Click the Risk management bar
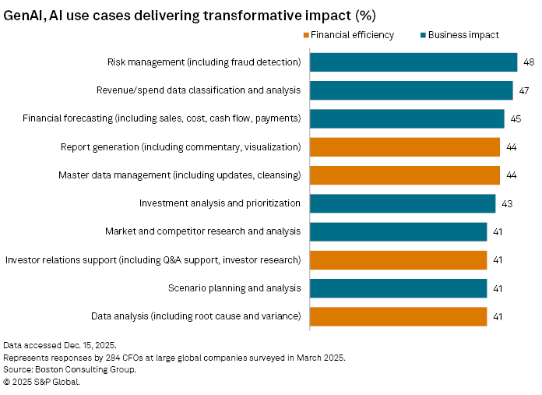pyautogui.click(x=414, y=62)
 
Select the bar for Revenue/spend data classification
pyautogui.click(x=411, y=90)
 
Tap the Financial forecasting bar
pyautogui.click(x=407, y=118)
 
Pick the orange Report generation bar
pyautogui.click(x=405, y=146)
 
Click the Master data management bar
pyautogui.click(x=405, y=175)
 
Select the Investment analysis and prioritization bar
pyautogui.click(x=403, y=203)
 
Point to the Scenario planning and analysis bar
pyautogui.click(x=398, y=288)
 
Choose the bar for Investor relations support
pyautogui.click(x=398, y=259)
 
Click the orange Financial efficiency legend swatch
pyautogui.click(x=305, y=35)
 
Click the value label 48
pyautogui.click(x=528, y=62)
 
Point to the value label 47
pyautogui.click(x=523, y=90)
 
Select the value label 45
pyautogui.click(x=515, y=118)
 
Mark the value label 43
pyautogui.click(x=506, y=203)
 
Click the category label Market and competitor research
pyautogui.click(x=202, y=231)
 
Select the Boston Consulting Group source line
pyautogui.click(x=69, y=369)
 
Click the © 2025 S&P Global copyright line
pyautogui.click(x=42, y=382)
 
